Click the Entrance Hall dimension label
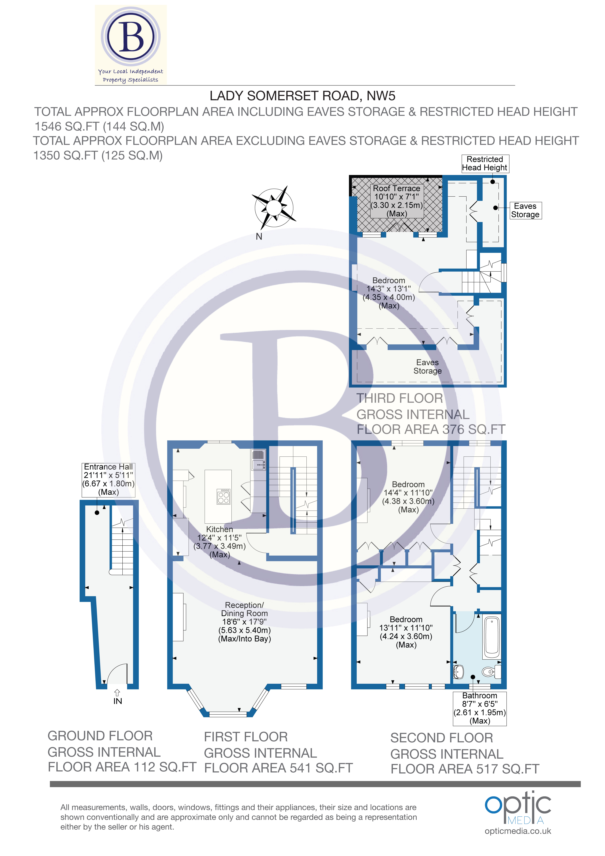(x=108, y=479)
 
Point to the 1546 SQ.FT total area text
(x=99, y=126)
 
